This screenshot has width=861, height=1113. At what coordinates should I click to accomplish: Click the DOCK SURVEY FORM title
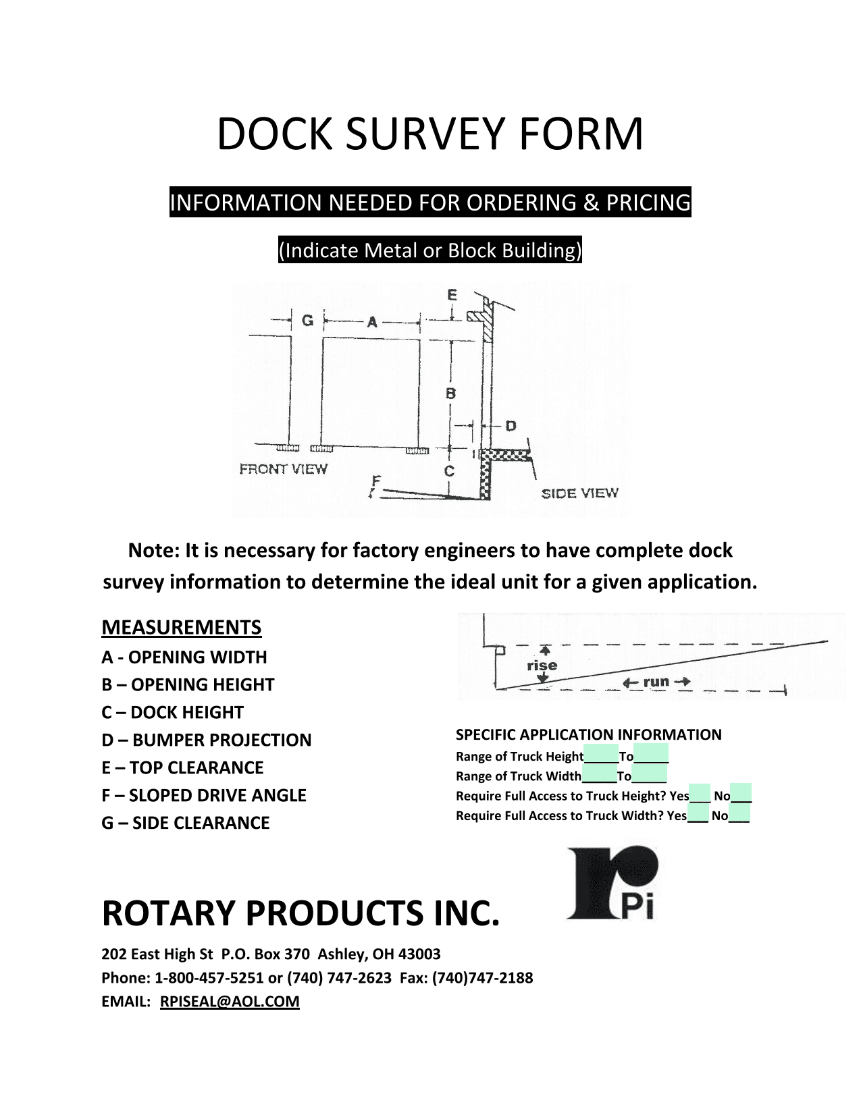[x=429, y=134]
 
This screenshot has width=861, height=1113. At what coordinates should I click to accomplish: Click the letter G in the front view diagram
[x=307, y=321]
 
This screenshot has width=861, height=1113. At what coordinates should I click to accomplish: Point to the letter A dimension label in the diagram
[x=372, y=323]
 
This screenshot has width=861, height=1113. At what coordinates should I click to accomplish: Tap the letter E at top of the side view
[x=452, y=295]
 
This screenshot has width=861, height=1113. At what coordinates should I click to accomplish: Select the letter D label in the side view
[x=511, y=426]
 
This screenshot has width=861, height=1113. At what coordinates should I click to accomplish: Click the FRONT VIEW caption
[x=283, y=469]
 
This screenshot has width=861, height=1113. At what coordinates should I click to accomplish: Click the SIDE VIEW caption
[x=579, y=493]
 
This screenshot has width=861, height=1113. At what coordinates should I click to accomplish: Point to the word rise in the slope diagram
[x=542, y=666]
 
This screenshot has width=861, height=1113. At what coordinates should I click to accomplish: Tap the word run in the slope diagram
[x=656, y=682]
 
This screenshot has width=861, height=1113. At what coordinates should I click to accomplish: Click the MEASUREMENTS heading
[x=181, y=627]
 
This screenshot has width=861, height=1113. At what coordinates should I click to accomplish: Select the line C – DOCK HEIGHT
[x=172, y=712]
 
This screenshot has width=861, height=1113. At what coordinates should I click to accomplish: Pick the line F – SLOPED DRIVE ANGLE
[x=204, y=795]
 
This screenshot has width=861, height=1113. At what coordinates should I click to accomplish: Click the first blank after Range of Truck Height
[x=601, y=756]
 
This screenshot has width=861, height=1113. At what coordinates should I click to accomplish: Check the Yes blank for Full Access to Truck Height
[x=700, y=795]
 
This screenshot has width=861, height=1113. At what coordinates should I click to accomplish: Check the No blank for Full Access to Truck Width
[x=739, y=815]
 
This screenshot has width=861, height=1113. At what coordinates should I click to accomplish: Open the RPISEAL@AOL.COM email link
[x=230, y=1001]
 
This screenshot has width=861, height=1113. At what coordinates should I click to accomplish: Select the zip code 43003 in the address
[x=419, y=954]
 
